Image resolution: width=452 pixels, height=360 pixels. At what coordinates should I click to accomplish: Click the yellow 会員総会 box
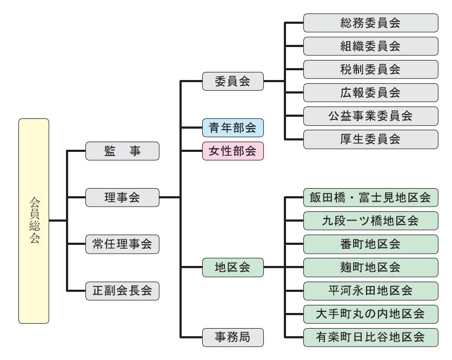coord(34,221)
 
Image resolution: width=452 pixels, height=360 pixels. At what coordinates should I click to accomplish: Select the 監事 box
coord(122,151)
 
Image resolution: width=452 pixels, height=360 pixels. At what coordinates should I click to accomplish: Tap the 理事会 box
coord(122,197)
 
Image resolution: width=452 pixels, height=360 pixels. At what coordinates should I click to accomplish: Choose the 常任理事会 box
coord(122,244)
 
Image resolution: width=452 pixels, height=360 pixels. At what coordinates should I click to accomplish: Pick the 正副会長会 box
coord(122,291)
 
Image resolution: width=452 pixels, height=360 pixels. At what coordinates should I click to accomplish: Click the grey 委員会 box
coord(232,81)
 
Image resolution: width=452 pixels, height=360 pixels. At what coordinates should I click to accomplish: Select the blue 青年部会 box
coord(232,128)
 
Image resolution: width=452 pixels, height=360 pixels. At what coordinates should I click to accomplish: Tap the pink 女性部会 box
coord(232,151)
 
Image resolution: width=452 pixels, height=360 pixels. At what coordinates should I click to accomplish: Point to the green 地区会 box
coord(232,267)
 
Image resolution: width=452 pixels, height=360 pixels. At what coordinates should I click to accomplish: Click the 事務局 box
coord(232,337)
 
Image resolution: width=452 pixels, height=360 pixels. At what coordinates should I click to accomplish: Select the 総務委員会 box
coord(370,23)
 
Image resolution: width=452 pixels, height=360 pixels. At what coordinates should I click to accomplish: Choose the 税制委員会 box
coord(370,69)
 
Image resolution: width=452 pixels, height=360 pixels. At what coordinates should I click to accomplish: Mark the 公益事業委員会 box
coord(370,116)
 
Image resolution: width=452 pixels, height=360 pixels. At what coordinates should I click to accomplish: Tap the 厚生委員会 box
coord(370,139)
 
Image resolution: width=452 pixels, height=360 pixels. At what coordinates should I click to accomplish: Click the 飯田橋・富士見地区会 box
coord(370,197)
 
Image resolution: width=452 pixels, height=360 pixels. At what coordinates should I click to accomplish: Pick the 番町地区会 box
coord(370,244)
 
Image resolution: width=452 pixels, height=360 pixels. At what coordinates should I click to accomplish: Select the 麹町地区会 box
coord(370,267)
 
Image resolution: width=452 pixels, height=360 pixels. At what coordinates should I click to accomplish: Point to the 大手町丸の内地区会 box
coord(370,314)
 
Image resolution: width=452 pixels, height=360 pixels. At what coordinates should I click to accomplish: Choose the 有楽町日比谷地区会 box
coord(370,337)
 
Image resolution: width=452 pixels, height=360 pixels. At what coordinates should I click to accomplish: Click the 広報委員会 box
coord(370,92)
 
